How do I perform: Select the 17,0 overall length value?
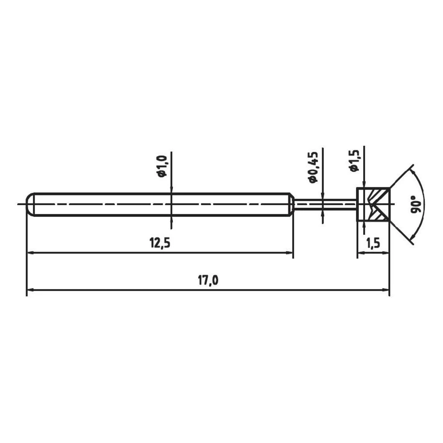coord(207,281)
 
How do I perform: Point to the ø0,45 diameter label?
coord(313,167)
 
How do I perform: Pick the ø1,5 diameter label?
coord(354,160)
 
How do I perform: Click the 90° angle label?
coord(416,204)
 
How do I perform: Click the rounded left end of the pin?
coord(30,204)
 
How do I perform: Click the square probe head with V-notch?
coord(373,204)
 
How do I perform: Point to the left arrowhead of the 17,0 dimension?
coord(30,291)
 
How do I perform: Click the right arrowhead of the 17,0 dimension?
coord(386,291)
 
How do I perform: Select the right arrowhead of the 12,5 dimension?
coord(290,253)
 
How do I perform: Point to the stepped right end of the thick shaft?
coord(291,204)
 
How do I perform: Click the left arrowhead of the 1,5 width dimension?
coord(360,253)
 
